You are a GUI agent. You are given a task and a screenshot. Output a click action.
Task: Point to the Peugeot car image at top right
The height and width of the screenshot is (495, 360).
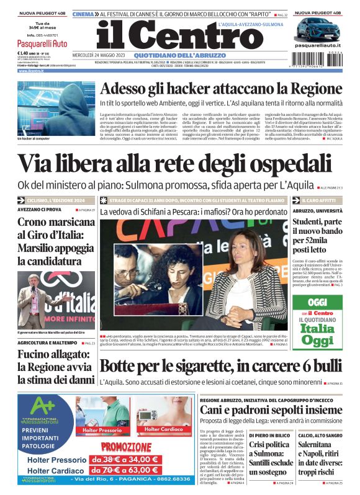coord(318,29)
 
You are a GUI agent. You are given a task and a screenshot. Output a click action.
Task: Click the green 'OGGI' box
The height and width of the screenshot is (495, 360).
coord(317,301)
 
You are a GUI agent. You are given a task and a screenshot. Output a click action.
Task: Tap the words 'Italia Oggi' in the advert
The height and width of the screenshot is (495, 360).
coord(317,334)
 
